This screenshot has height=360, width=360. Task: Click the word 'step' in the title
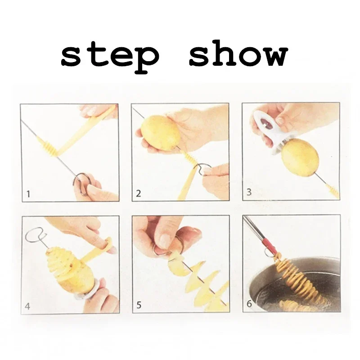[110, 56]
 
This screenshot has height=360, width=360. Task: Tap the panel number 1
[28, 194]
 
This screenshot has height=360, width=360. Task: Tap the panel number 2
[139, 194]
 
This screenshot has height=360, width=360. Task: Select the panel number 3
[249, 193]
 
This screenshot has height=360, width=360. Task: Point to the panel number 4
[27, 306]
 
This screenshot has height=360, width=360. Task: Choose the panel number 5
[139, 306]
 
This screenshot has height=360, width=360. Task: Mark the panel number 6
[249, 304]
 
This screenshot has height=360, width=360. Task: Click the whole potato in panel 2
[160, 132]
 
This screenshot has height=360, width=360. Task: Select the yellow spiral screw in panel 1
[49, 147]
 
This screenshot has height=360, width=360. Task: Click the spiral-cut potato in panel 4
[67, 270]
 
